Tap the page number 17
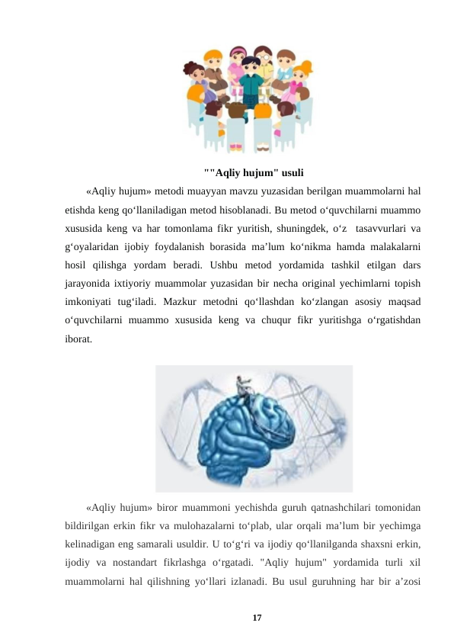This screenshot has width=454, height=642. coord(257,617)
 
